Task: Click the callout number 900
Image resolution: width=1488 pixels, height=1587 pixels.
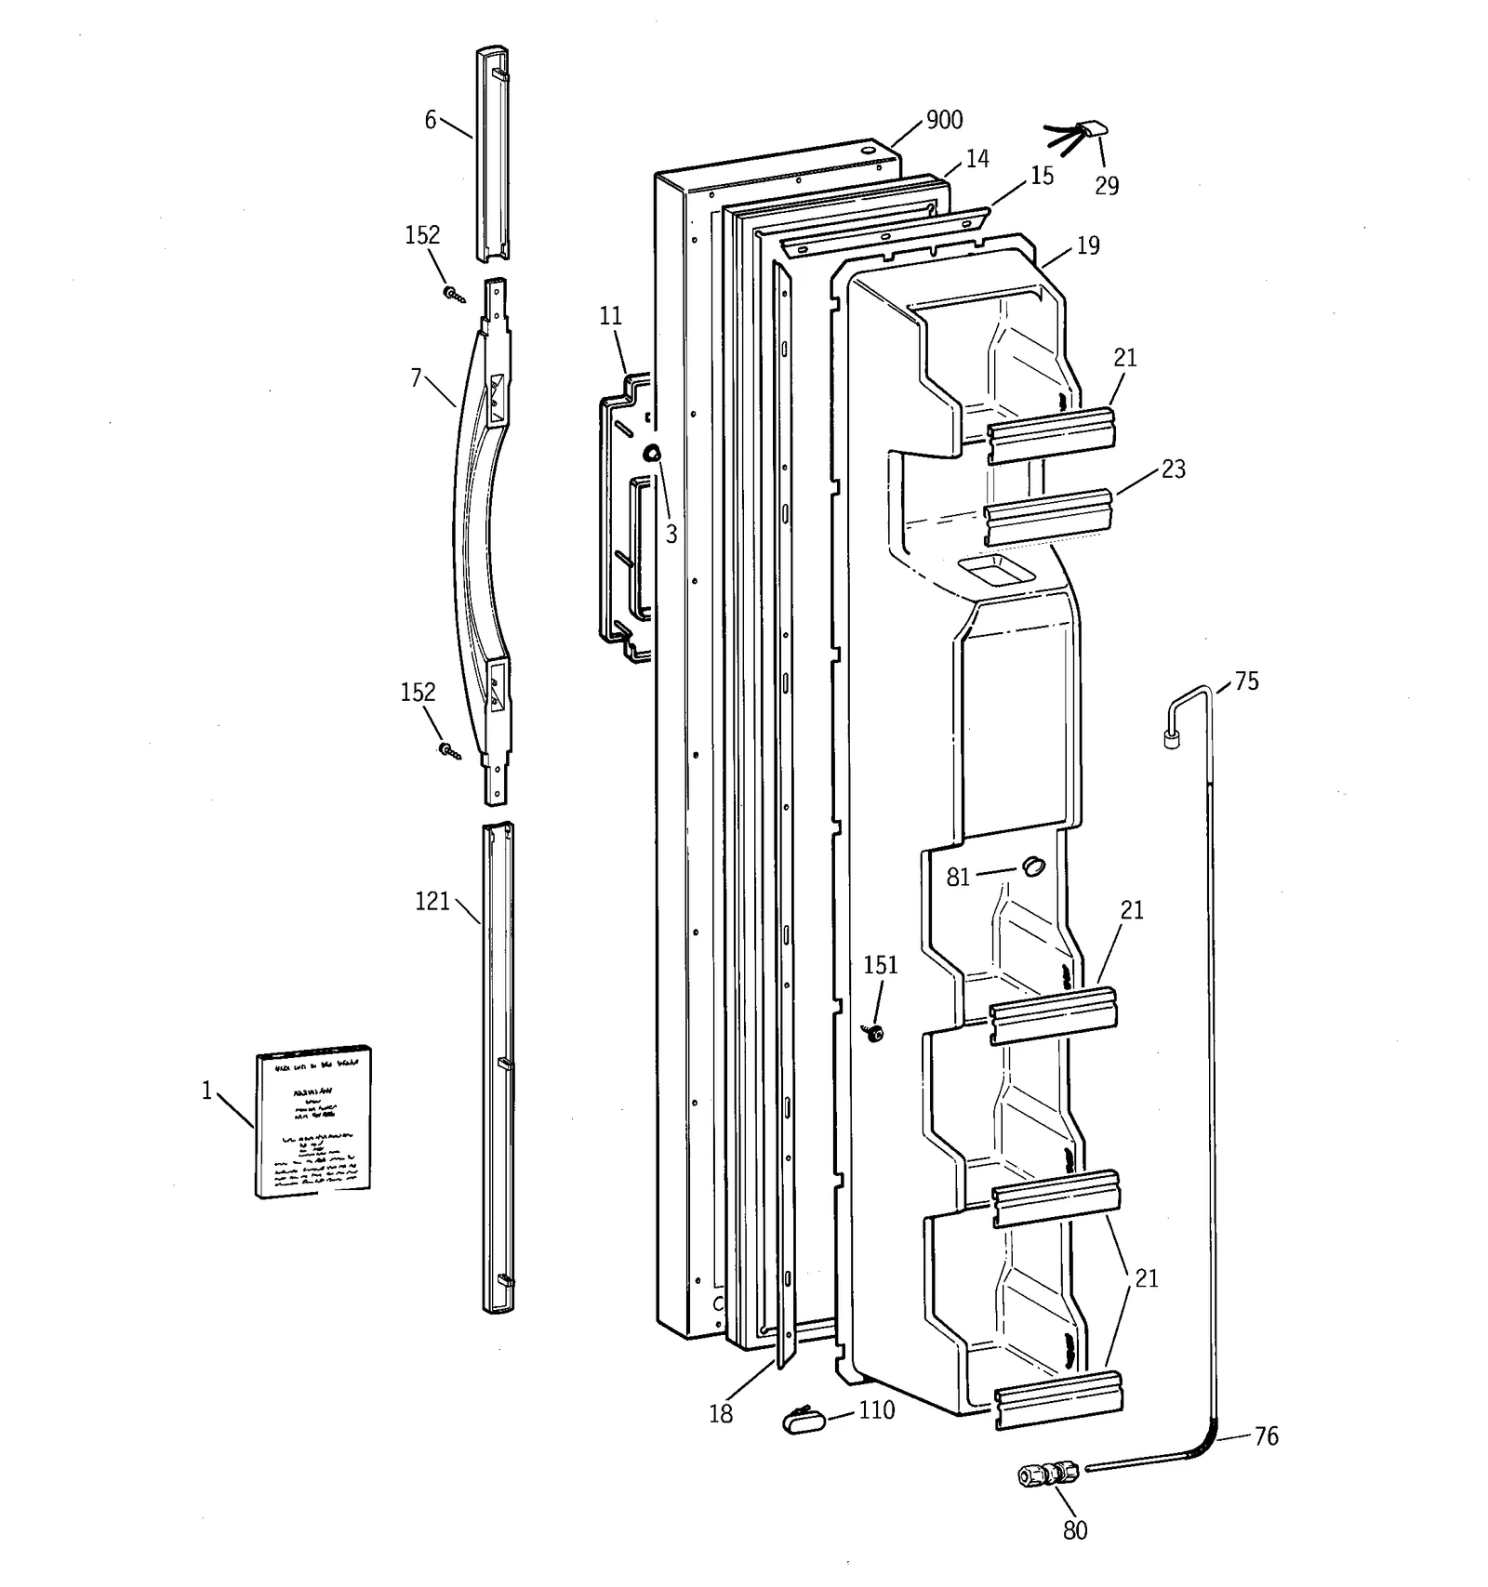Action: click(x=944, y=120)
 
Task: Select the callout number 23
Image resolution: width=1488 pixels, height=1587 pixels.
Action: click(x=1174, y=469)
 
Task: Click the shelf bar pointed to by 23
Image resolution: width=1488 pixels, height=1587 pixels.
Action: click(x=1049, y=516)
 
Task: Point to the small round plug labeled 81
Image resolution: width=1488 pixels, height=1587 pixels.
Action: click(x=1033, y=866)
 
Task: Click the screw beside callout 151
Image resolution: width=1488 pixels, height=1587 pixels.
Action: click(x=874, y=1032)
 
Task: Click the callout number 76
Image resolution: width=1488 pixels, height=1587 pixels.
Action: click(x=1266, y=1436)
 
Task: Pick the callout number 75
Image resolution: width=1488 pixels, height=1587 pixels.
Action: click(x=1246, y=681)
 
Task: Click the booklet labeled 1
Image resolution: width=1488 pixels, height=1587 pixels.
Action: click(x=314, y=1120)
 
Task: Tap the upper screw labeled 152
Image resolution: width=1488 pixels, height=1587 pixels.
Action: click(x=453, y=295)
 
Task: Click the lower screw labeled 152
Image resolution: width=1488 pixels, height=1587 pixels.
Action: click(x=450, y=749)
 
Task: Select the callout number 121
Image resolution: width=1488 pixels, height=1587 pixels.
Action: click(x=432, y=902)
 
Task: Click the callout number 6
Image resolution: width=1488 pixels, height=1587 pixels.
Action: click(x=430, y=120)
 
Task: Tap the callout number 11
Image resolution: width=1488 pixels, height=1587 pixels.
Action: click(x=610, y=316)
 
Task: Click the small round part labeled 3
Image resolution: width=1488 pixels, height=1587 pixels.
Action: click(x=653, y=453)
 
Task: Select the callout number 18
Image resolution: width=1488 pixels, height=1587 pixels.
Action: click(x=721, y=1415)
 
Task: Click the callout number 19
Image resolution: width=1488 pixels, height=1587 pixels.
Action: click(x=1088, y=245)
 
